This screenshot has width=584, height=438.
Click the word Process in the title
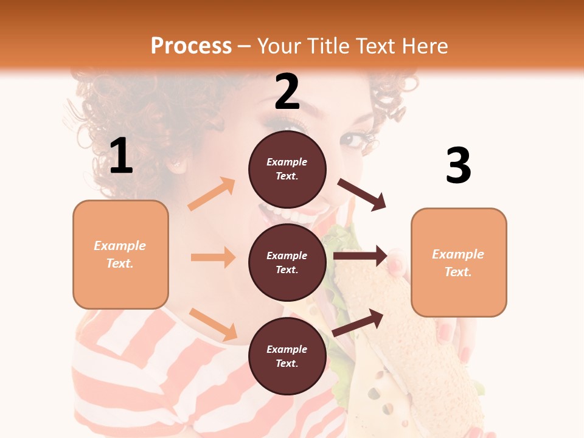point(191,46)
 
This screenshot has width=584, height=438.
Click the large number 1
point(121,156)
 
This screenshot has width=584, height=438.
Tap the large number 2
point(287,92)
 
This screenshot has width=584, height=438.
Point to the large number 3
point(458,166)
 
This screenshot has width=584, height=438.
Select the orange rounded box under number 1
point(120,254)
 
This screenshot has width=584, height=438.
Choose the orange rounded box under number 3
point(459,262)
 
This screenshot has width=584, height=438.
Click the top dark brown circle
point(287,169)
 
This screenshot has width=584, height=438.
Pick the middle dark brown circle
point(287,262)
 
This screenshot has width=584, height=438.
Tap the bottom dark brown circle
point(287,356)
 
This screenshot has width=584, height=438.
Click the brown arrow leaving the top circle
point(362,195)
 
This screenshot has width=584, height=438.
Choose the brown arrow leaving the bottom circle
point(358,322)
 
